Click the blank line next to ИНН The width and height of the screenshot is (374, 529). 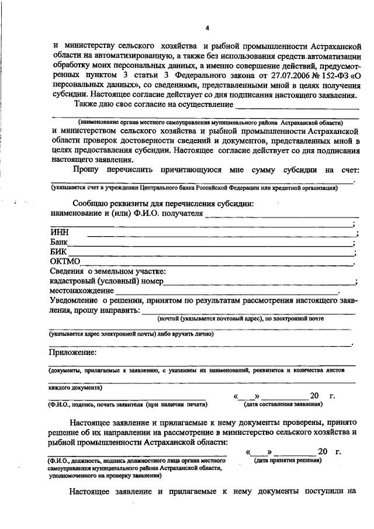click(222, 236)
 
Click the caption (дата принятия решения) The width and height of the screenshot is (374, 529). click(286, 460)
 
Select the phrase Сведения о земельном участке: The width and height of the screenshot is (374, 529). click(108, 271)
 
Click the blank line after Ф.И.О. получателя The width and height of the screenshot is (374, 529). click(280, 215)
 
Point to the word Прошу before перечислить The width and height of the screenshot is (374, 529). click(86, 170)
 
